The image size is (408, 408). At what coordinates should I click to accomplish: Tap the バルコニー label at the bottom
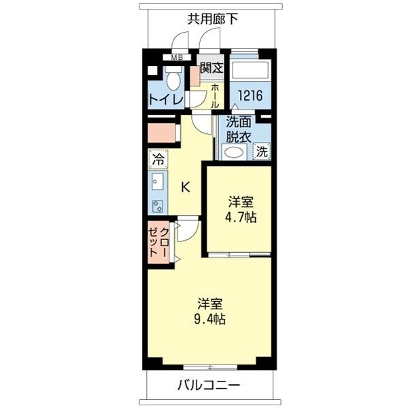209,386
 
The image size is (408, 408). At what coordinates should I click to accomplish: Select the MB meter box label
177,58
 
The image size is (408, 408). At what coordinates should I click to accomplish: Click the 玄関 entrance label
211,69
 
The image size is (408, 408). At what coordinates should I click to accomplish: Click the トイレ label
166,99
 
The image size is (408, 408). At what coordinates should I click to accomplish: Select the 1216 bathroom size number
250,95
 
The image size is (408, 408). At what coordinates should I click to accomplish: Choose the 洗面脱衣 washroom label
239,129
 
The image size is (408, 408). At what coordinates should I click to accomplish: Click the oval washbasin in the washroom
234,152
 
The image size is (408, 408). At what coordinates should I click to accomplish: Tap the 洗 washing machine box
262,152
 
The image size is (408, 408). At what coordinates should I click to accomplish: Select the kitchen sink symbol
158,182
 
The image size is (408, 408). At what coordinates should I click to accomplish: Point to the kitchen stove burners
158,205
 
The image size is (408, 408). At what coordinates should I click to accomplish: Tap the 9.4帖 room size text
211,318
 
